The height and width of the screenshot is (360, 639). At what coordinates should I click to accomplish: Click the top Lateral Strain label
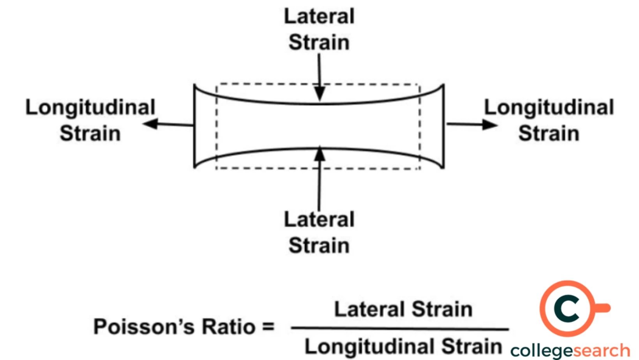click(319, 29)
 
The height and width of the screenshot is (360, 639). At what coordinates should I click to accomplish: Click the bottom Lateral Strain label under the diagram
click(319, 233)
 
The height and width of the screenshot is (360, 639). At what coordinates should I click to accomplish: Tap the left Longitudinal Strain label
click(90, 120)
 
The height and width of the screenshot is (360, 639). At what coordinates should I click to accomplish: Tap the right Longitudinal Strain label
click(549, 120)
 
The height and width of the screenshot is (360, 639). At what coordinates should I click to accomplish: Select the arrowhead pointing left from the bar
click(150, 124)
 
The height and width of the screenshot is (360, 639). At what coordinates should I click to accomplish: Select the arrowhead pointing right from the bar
click(490, 125)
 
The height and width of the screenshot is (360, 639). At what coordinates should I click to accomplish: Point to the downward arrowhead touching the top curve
click(319, 94)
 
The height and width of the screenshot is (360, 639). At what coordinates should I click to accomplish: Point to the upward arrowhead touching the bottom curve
click(319, 154)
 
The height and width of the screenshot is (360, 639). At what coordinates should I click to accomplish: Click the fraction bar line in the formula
click(400, 328)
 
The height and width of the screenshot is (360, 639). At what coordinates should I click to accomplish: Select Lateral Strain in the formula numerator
click(403, 309)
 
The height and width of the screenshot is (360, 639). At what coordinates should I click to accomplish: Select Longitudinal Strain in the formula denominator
click(403, 346)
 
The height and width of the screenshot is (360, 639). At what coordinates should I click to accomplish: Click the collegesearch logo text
click(570, 351)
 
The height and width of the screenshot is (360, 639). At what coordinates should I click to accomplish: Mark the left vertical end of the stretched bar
click(194, 126)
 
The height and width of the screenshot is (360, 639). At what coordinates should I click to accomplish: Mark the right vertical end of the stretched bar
click(443, 126)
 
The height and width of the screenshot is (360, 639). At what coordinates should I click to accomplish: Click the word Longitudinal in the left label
click(90, 107)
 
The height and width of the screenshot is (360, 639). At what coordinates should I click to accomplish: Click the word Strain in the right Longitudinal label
click(549, 133)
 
